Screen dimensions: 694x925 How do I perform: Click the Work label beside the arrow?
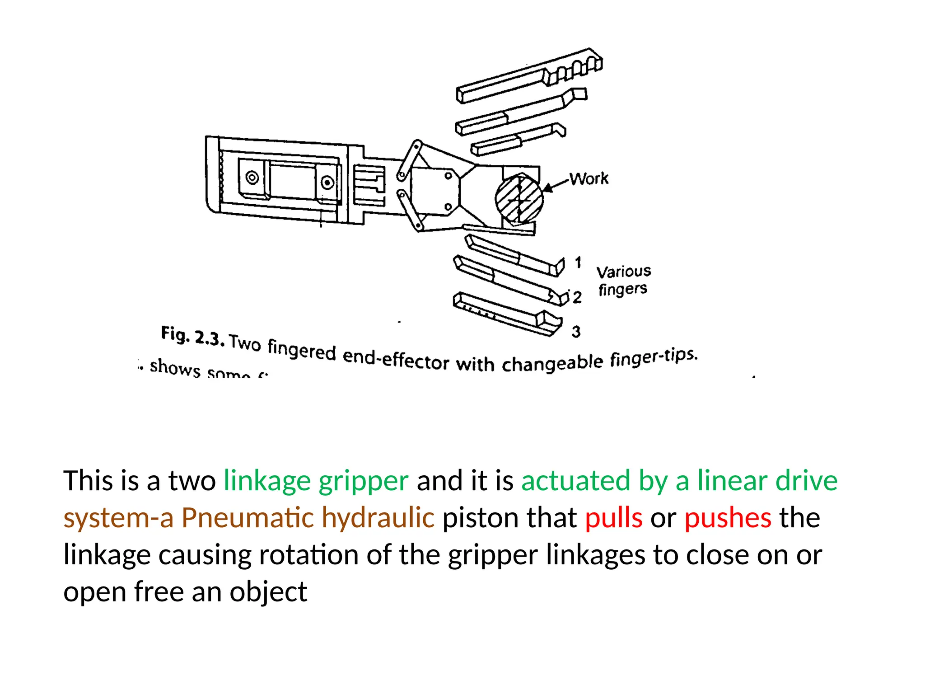589,178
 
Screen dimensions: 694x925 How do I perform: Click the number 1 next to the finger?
578,262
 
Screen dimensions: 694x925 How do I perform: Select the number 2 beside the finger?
577,297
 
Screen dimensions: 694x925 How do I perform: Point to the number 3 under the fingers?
576,332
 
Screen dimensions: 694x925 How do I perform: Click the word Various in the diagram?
623,272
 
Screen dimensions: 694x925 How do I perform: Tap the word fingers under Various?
622,289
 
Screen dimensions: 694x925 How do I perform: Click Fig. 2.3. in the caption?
192,336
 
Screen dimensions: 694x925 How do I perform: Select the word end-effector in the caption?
396,359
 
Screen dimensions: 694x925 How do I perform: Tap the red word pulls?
613,518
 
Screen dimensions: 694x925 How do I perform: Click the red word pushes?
728,518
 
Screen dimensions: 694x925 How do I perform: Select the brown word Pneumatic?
248,518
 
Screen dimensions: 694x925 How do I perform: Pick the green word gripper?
363,481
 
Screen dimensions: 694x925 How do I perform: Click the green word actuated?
575,481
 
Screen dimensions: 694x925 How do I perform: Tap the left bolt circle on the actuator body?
252,178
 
